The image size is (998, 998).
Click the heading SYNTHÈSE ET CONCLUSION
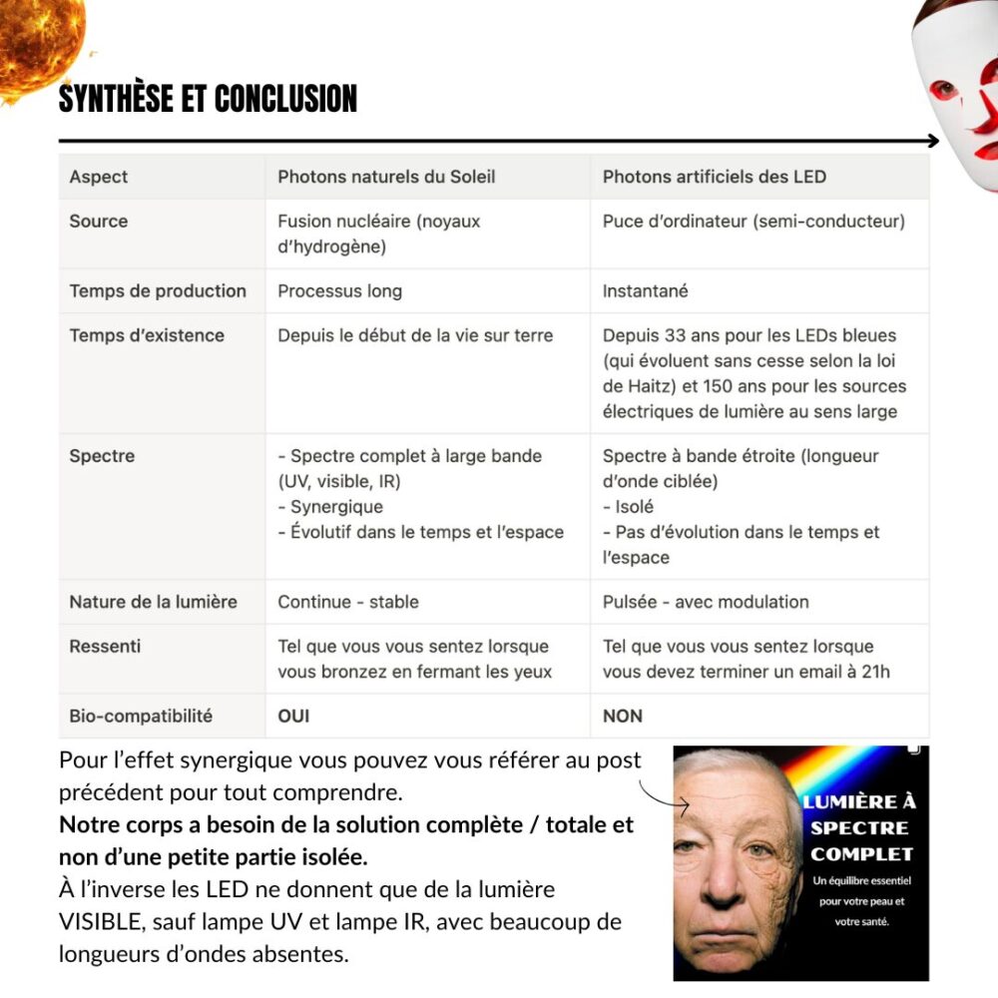pos(208,99)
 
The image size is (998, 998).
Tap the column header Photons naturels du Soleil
pos(386,177)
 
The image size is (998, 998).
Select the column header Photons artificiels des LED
pos(714,177)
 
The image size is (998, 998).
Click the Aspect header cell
pos(99,177)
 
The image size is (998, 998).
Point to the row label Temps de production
pos(158,290)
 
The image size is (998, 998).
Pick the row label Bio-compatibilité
pos(141,716)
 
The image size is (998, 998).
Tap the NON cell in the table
pos(623,716)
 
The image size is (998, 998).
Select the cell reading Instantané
pos(645,290)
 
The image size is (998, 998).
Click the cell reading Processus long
pos(339,290)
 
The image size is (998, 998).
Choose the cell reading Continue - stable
pos(348,602)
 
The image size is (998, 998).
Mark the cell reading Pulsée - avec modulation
pos(706,602)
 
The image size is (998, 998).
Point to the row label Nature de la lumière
pos(153,602)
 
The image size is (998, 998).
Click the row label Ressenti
pos(105,646)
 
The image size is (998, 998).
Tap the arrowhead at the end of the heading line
pos(933,141)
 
